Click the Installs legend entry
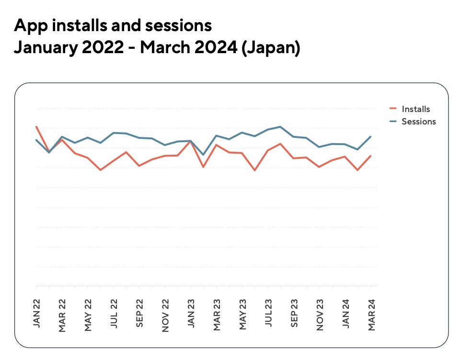tap(415, 109)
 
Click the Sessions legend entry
tap(418, 122)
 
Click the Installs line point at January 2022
tap(36, 127)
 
